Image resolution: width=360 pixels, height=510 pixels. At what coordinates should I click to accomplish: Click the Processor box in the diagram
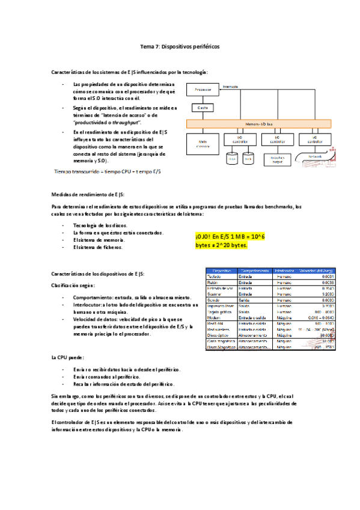coord(203,90)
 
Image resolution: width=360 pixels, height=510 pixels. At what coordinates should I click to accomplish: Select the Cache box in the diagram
coord(202,108)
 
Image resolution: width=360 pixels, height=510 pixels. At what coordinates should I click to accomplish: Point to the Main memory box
coord(201,144)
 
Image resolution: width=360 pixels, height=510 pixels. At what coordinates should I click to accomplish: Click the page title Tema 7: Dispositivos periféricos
coord(180,46)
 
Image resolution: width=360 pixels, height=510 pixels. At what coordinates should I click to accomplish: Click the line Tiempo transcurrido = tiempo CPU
coord(107,171)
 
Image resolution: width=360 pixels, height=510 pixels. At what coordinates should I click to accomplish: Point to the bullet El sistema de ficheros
coord(97,247)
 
